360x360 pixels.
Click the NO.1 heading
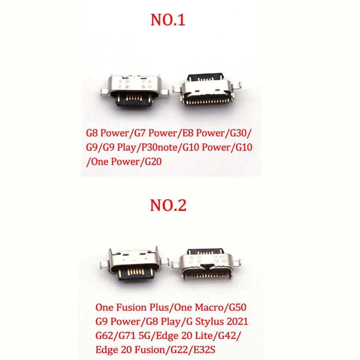coord(168,20)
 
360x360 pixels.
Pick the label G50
coord(237,308)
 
